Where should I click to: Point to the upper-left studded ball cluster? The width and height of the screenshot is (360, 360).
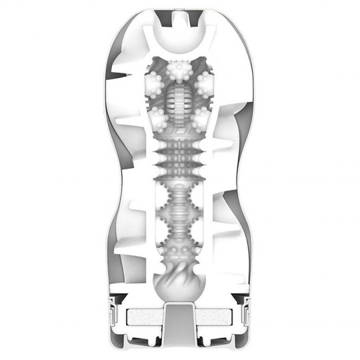click(153, 83)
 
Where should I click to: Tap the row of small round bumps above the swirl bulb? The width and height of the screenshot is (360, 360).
click(180, 253)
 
